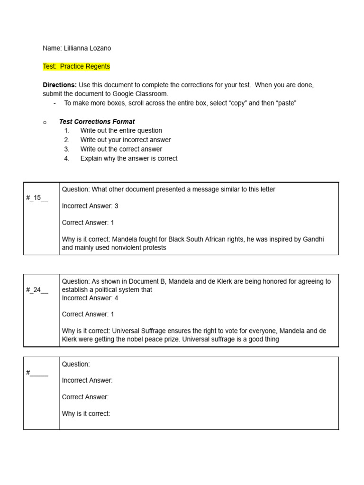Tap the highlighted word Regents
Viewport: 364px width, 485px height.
coord(98,67)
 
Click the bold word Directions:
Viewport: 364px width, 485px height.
coord(60,85)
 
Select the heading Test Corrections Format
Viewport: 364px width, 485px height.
coord(97,122)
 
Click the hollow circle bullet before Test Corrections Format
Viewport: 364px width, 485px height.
coord(45,122)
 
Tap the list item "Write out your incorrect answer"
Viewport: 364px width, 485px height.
coord(126,140)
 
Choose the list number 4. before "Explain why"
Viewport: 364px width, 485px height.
coord(67,159)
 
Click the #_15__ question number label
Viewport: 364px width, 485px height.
coord(37,198)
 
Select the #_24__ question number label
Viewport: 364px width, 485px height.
coord(37,290)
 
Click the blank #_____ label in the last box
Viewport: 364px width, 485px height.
coord(37,373)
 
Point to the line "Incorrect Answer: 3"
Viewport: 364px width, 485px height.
coord(90,206)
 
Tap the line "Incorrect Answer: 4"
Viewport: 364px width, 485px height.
coord(90,298)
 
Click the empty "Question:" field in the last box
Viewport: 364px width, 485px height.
coord(76,364)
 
